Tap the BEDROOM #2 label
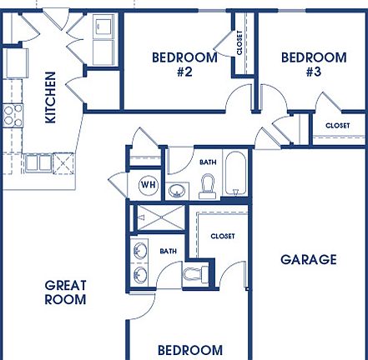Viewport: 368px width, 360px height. tap(184, 64)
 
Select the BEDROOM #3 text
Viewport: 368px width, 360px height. tap(314, 64)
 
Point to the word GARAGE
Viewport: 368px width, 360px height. tap(308, 259)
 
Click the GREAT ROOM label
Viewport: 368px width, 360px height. tap(65, 292)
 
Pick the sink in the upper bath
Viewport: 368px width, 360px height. tap(177, 191)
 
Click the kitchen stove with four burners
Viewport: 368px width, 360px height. tap(12, 114)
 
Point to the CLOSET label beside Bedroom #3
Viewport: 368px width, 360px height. tap(337, 125)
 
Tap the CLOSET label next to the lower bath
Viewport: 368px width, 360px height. tap(223, 236)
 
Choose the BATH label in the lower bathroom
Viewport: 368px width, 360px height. tap(169, 251)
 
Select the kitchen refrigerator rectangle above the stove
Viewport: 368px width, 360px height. tap(14, 62)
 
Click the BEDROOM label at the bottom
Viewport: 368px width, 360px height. tap(190, 350)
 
